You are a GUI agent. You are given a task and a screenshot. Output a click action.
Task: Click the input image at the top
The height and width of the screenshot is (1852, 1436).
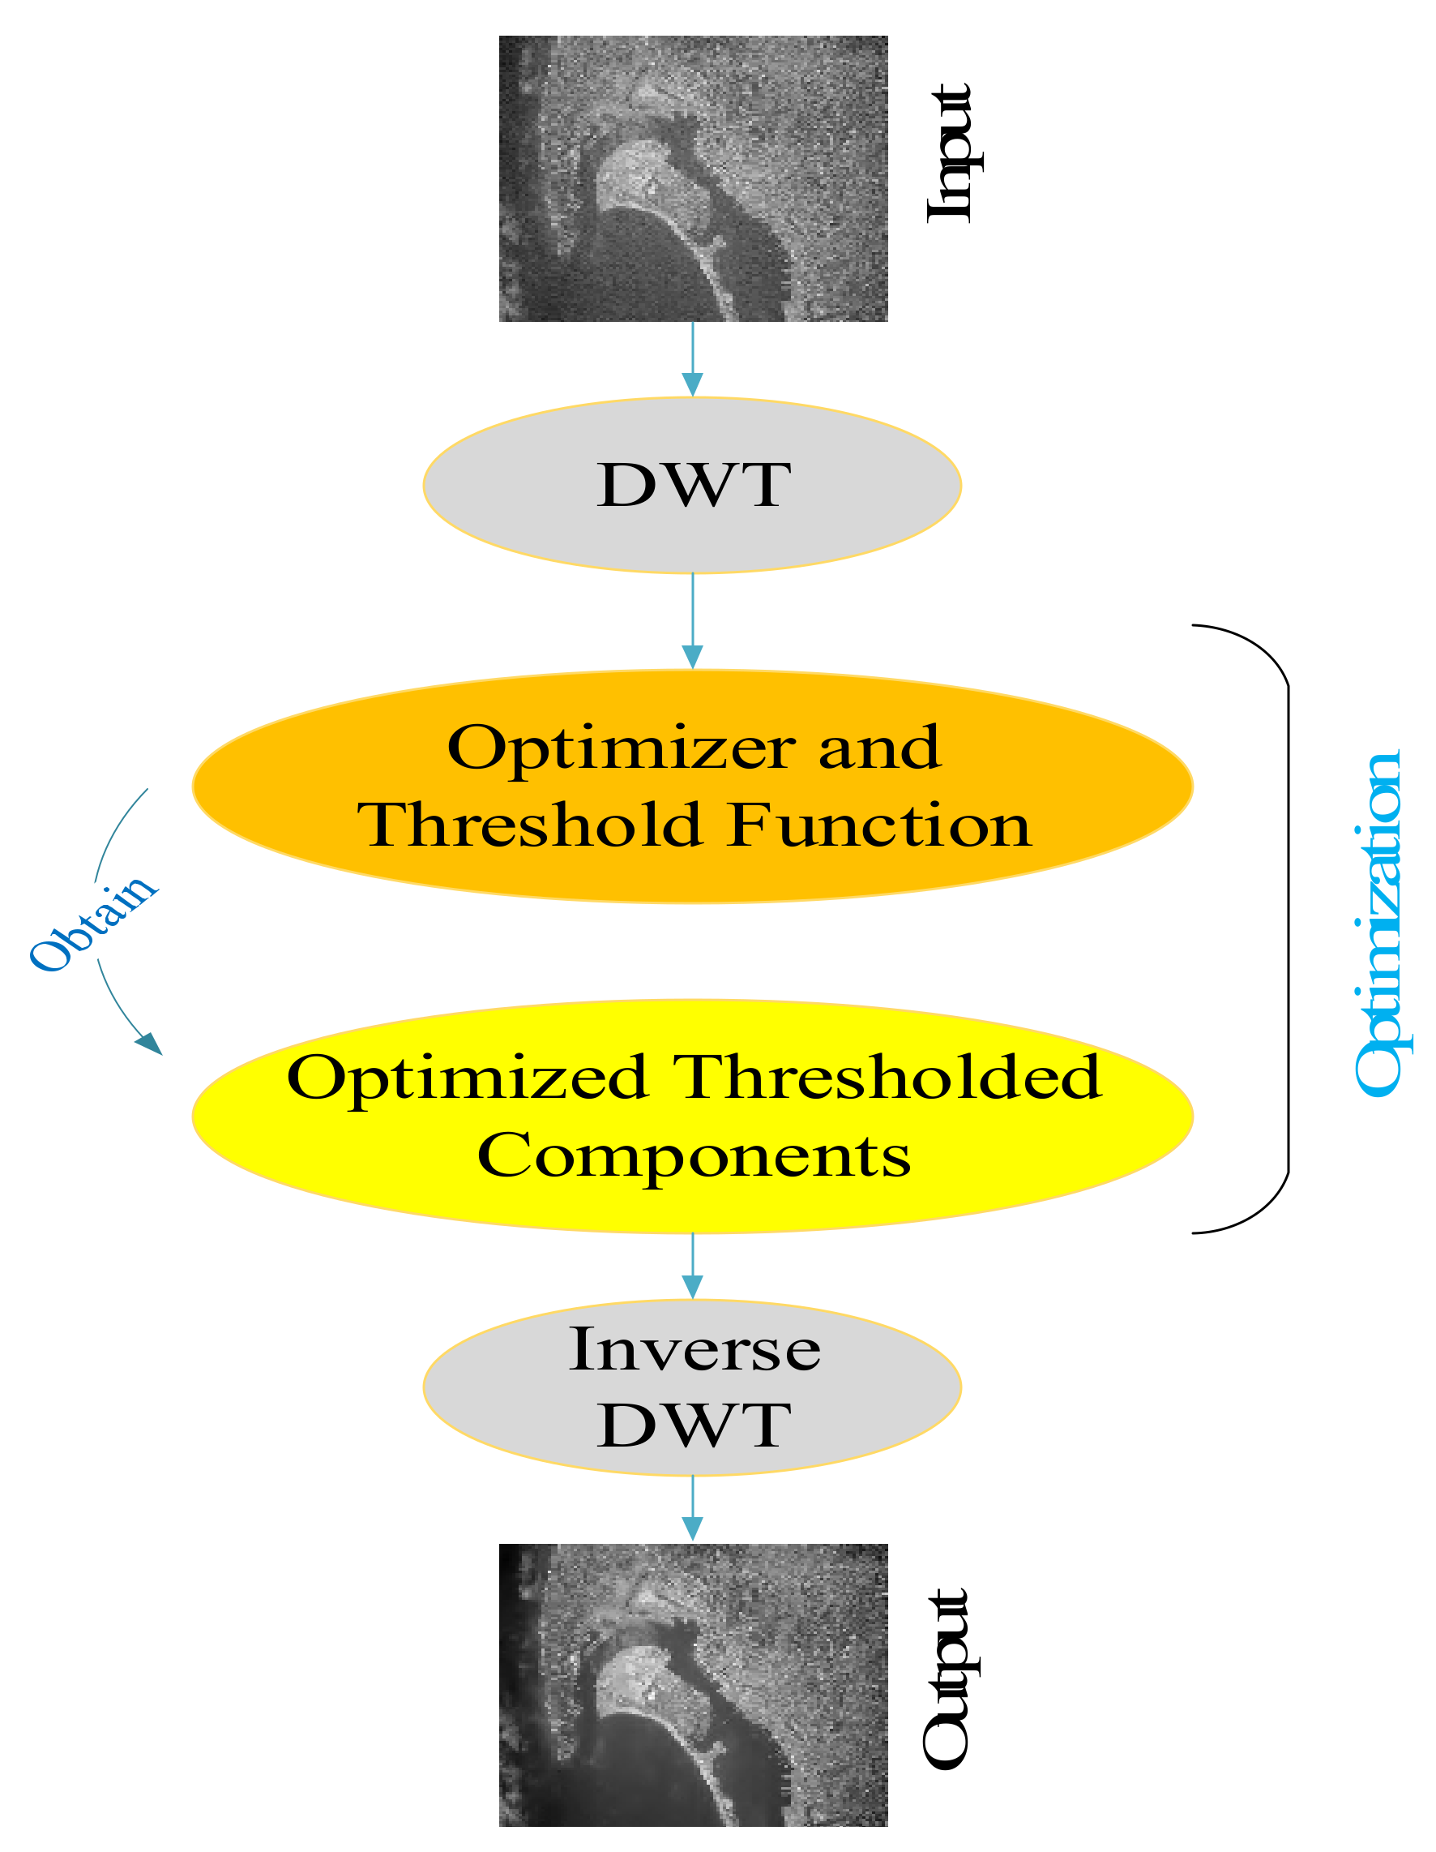(693, 178)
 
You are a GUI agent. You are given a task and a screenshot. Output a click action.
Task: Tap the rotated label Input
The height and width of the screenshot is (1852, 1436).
(951, 152)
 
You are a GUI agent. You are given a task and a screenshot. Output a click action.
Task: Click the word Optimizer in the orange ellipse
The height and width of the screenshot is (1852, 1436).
(621, 748)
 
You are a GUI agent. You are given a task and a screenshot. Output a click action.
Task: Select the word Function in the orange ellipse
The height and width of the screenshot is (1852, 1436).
(879, 825)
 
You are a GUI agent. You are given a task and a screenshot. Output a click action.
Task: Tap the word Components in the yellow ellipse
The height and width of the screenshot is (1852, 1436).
(694, 1155)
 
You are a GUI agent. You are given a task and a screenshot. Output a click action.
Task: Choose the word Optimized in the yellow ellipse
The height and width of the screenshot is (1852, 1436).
(468, 1078)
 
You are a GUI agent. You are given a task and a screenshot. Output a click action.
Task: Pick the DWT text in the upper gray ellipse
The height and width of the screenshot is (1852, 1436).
(694, 485)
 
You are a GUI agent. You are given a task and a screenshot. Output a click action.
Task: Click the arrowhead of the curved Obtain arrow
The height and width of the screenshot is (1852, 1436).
(150, 1044)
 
